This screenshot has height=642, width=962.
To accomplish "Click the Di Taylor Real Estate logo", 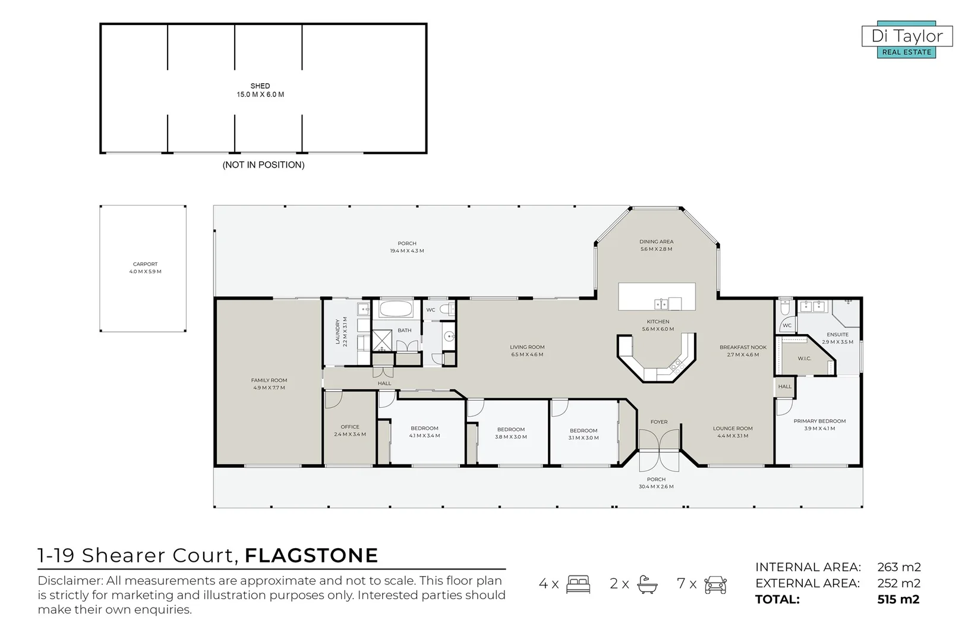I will pyautogui.click(x=907, y=41).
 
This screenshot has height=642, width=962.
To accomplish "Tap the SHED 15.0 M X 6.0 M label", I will pyautogui.click(x=260, y=90).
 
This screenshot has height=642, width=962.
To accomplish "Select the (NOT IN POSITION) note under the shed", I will pyautogui.click(x=263, y=165).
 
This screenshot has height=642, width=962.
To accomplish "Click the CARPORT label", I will pyautogui.click(x=146, y=267).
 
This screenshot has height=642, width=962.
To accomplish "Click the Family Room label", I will pyautogui.click(x=269, y=384).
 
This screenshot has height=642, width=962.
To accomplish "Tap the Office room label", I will pyautogui.click(x=350, y=430).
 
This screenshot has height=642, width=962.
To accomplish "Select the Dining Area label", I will pyautogui.click(x=657, y=245).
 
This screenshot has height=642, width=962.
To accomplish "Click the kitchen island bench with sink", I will pyautogui.click(x=657, y=297).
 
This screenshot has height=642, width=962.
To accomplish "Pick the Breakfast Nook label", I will pyautogui.click(x=743, y=351).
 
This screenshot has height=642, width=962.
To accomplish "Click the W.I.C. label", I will pyautogui.click(x=805, y=358).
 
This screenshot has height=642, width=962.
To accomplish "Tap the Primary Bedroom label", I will pyautogui.click(x=819, y=424).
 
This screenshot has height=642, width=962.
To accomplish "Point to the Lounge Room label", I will pyautogui.click(x=733, y=432).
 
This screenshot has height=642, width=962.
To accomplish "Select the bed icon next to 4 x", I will pyautogui.click(x=578, y=584).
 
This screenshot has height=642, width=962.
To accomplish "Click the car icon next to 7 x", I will pyautogui.click(x=715, y=584).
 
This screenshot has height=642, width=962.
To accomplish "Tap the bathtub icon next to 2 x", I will pyautogui.click(x=647, y=584).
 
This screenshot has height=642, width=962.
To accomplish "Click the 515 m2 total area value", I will pyautogui.click(x=898, y=599).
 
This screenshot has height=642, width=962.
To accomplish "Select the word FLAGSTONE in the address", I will pyautogui.click(x=311, y=555).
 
